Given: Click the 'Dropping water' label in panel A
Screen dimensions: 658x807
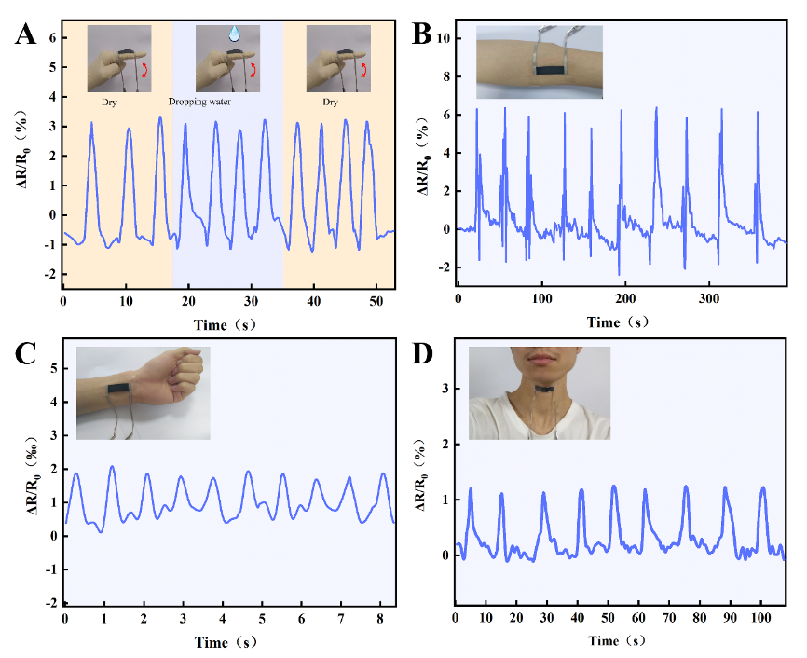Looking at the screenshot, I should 199,102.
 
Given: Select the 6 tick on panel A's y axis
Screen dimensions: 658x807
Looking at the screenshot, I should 52,38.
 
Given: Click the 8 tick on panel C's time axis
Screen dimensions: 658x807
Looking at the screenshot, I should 380,618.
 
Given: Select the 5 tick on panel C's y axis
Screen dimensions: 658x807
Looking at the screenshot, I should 52,368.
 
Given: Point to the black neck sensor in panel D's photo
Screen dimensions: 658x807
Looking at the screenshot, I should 540,389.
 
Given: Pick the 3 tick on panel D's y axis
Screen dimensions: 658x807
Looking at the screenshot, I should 445,388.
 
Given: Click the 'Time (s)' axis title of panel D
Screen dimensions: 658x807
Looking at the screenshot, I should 617,640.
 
